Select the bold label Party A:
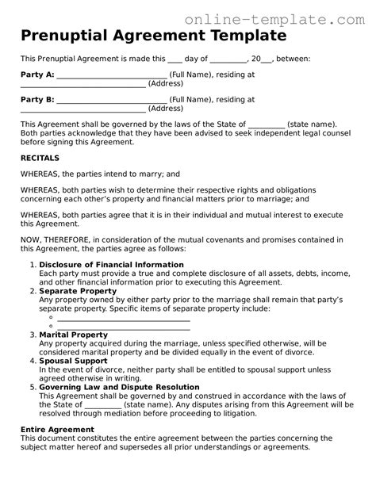coord(37,75)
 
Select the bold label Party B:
coord(37,100)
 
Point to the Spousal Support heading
coord(74,361)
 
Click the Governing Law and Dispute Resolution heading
coord(119,387)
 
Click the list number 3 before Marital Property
coord(33,335)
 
